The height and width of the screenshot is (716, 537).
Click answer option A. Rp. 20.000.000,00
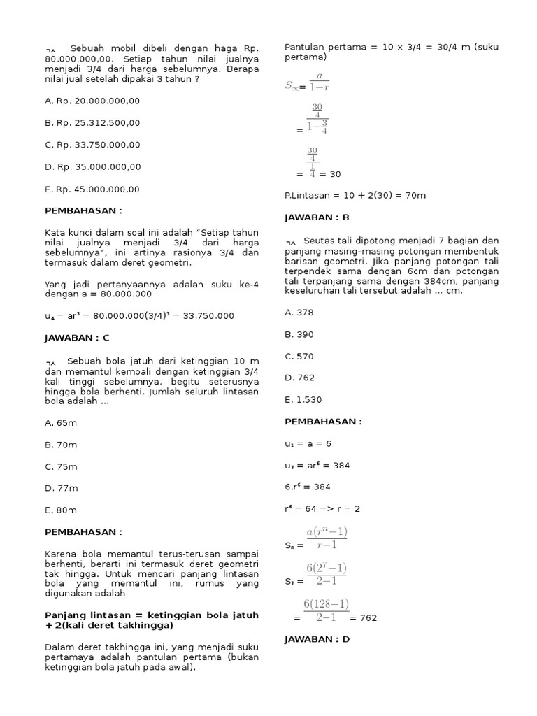[92, 101]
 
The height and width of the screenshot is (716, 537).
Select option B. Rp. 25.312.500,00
[92, 122]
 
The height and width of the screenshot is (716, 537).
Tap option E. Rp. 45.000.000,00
[92, 189]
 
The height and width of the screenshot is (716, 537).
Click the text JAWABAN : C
[77, 338]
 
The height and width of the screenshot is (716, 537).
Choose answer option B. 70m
[61, 445]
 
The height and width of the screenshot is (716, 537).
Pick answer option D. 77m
[62, 488]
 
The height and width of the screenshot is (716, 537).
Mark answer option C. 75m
[61, 466]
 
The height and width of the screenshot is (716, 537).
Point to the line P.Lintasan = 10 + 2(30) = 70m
[355, 195]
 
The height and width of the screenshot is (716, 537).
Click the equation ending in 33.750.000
[139, 316]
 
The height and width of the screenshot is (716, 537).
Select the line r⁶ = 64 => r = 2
[322, 508]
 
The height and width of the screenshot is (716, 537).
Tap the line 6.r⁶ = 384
[308, 487]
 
